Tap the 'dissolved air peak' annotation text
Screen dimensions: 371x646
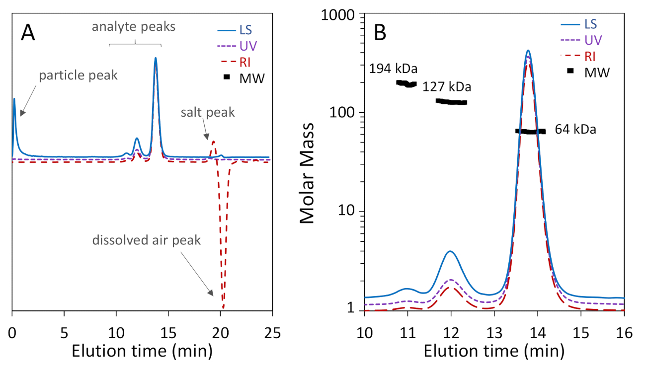pyautogui.click(x=147, y=241)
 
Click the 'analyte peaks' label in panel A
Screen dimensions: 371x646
pyautogui.click(x=134, y=27)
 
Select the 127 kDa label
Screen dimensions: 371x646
pyautogui.click(x=447, y=87)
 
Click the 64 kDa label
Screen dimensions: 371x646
pyautogui.click(x=575, y=130)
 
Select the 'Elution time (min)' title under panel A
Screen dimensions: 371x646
pyautogui.click(x=142, y=351)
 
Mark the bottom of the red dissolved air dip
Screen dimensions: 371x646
pyautogui.click(x=223, y=308)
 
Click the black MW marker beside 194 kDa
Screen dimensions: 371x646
pyautogui.click(x=406, y=83)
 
